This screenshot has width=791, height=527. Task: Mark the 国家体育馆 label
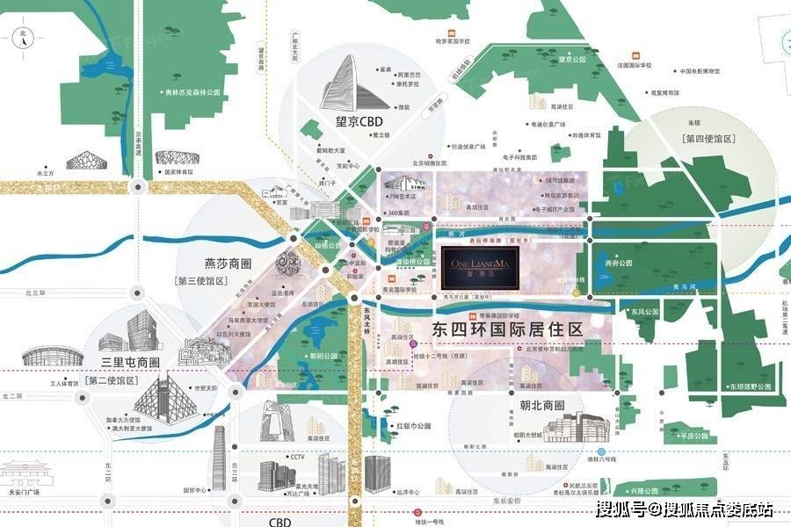[182, 173]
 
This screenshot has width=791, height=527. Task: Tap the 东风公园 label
[643, 312]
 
